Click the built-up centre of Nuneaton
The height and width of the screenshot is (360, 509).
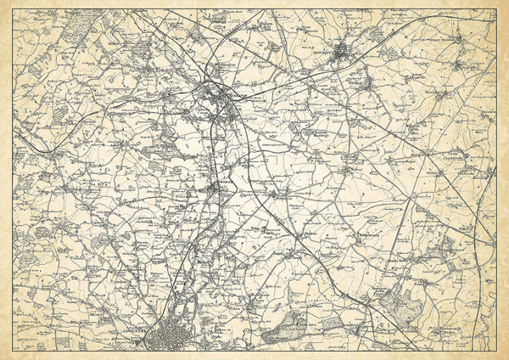click(222, 100)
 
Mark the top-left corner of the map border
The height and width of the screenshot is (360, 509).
click(13, 9)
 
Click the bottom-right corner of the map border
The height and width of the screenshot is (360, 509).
click(496, 350)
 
